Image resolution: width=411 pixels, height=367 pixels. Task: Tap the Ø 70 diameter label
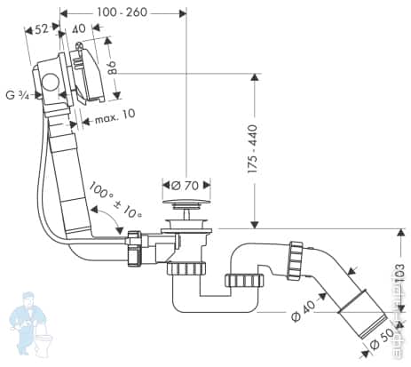point(186,186)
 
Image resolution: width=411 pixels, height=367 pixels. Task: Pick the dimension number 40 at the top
point(81,28)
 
